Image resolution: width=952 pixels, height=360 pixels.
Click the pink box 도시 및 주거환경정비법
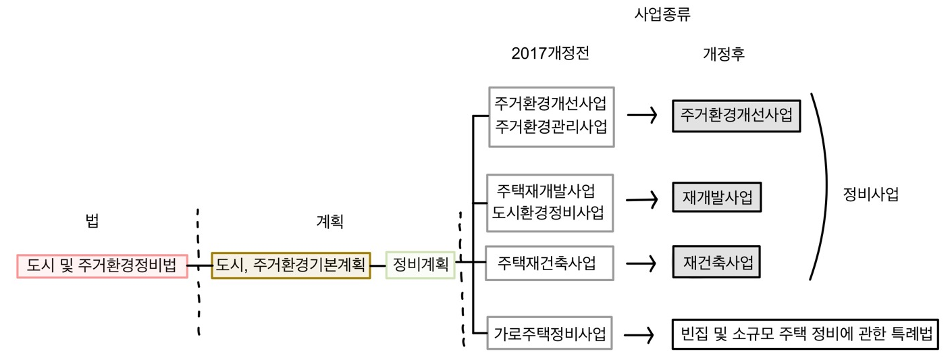102,265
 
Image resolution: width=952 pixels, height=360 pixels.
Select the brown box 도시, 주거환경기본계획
290,265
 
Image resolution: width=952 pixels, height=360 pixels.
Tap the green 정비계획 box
420,265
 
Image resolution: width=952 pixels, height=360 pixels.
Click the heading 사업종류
662,15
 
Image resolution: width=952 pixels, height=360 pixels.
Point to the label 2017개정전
550,54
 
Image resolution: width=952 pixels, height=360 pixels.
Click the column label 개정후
724,54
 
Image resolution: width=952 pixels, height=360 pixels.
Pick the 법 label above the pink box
92,221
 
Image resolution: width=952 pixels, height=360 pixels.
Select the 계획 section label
329,221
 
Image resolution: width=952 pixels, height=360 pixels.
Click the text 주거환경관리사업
550,126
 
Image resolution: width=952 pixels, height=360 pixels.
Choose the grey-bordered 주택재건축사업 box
550,262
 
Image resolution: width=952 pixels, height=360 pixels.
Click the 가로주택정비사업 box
550,333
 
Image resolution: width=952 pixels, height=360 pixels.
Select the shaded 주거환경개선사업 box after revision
736,115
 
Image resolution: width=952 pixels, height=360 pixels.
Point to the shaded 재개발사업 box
717,198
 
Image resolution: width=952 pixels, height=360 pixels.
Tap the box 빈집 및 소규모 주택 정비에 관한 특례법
806,334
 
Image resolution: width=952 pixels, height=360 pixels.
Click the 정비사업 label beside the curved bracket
871,195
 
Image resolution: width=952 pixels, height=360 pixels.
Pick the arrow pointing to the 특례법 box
639,334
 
